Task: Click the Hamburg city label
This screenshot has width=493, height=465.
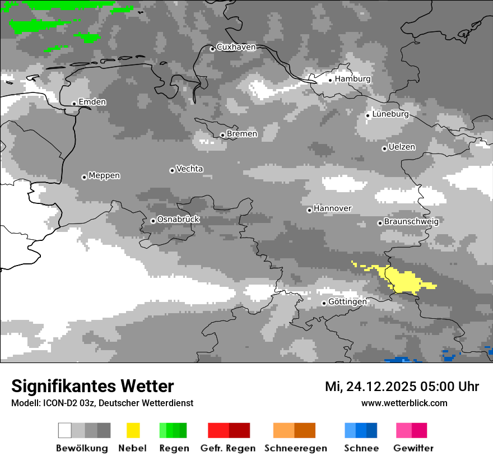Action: [x=352, y=79]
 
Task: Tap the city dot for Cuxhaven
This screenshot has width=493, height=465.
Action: [x=212, y=49]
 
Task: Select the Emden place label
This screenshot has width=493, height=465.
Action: [x=92, y=102]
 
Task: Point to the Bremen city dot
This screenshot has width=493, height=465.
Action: [x=222, y=135]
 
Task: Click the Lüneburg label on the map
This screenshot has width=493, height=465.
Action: [x=390, y=114]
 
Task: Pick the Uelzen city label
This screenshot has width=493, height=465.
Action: [x=402, y=147]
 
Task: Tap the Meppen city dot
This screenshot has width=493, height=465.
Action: [x=84, y=177]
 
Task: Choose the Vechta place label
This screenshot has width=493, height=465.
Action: [x=189, y=169]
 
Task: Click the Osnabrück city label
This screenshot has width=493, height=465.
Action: [x=178, y=220]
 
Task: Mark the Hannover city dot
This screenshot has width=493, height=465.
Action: [x=309, y=210]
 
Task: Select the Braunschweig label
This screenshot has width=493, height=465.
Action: [x=411, y=221]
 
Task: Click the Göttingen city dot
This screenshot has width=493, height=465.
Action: [x=324, y=303]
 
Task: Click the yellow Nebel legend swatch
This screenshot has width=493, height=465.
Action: [x=133, y=430]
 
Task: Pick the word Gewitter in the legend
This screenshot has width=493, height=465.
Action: [x=413, y=448]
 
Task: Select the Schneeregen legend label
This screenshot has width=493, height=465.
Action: [x=296, y=448]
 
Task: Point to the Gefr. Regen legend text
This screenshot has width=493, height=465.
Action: [x=228, y=448]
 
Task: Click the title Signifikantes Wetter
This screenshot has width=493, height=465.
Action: [x=92, y=386]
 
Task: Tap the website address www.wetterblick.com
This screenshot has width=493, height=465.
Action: [x=404, y=403]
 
